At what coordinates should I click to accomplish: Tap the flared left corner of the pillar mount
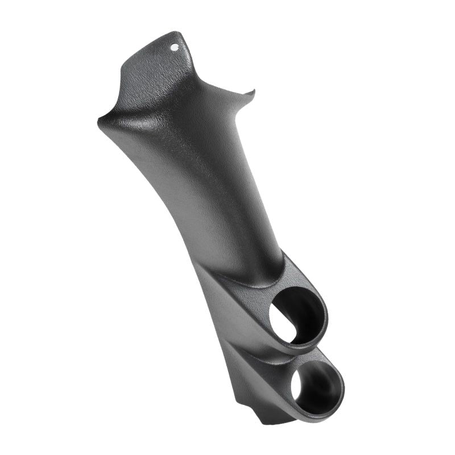[100, 120]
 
